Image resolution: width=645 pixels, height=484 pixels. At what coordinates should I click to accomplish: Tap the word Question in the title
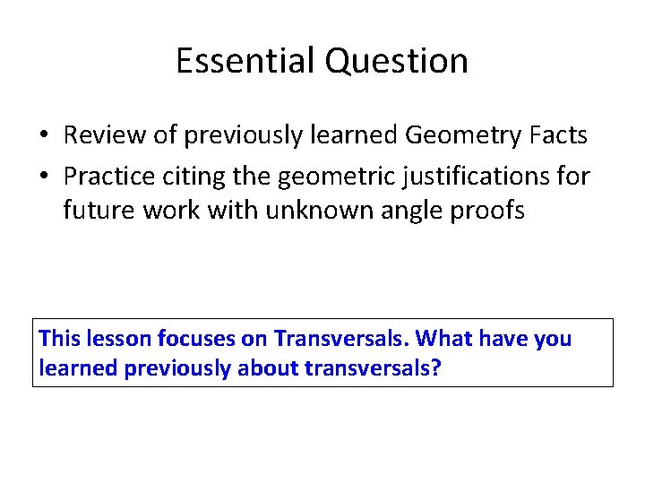(397, 61)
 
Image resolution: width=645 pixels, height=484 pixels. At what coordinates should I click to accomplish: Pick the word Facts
(558, 135)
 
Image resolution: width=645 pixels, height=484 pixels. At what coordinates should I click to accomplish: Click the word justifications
(470, 176)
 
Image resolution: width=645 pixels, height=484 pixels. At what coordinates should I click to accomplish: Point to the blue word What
(445, 339)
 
